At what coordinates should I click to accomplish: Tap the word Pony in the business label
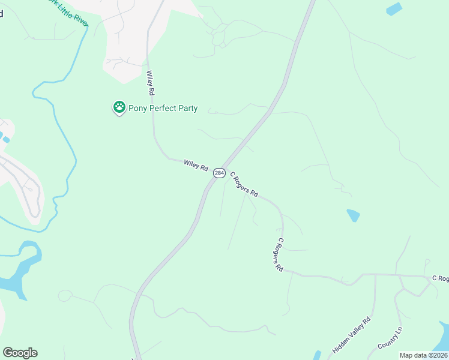pyautogui.click(x=139, y=109)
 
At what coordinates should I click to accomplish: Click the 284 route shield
pyautogui.click(x=219, y=173)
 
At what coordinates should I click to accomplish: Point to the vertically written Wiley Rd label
pyautogui.click(x=151, y=83)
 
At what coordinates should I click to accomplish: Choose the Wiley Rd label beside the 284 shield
pyautogui.click(x=196, y=165)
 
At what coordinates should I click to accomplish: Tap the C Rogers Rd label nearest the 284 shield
pyautogui.click(x=244, y=185)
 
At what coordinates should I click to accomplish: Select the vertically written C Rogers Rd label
pyautogui.click(x=279, y=255)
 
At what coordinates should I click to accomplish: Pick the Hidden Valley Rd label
pyautogui.click(x=352, y=335)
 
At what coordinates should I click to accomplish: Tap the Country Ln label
pyautogui.click(x=390, y=339)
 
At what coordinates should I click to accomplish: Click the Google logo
pyautogui.click(x=20, y=353)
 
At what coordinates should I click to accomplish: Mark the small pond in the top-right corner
pyautogui.click(x=394, y=9)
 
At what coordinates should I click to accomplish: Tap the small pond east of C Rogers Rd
pyautogui.click(x=354, y=215)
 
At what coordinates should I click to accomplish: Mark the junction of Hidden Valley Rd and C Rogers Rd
pyautogui.click(x=375, y=275)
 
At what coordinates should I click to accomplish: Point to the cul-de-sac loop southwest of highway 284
pyautogui.click(x=65, y=295)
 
